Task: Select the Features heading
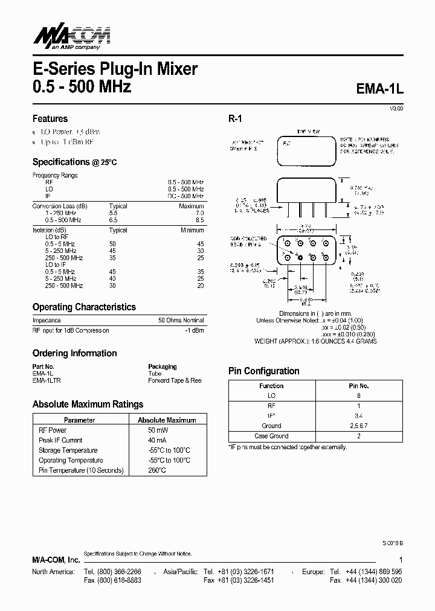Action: click(x=50, y=118)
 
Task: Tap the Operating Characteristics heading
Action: click(x=84, y=307)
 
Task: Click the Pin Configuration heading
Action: click(x=263, y=371)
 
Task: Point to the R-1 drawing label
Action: click(x=235, y=119)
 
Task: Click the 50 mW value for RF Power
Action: click(x=158, y=430)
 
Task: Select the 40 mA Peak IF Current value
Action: click(x=158, y=440)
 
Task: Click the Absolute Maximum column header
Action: click(x=167, y=420)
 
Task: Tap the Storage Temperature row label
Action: click(x=68, y=450)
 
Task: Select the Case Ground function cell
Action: click(x=271, y=436)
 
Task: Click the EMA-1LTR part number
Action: click(x=47, y=380)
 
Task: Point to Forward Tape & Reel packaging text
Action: click(x=175, y=380)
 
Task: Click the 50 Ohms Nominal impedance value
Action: click(x=181, y=320)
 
